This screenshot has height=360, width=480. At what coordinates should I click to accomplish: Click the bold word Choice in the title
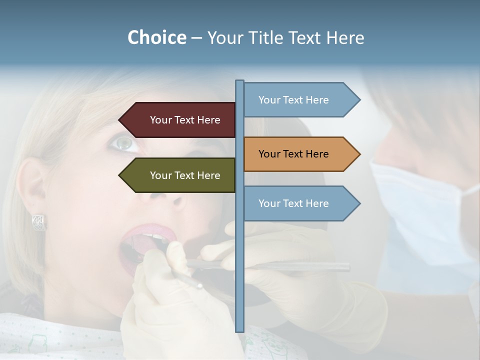pos(156,37)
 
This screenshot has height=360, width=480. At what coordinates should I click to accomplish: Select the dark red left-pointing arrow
pos(180,120)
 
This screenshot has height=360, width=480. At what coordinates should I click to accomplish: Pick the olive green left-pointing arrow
pos(180,175)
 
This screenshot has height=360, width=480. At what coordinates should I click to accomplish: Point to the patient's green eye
pos(123,144)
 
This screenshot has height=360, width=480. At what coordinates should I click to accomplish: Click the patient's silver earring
pos(38,222)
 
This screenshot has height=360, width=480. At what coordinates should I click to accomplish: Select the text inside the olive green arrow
pos(185,175)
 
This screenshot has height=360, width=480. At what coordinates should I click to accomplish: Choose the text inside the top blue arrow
pos(293,100)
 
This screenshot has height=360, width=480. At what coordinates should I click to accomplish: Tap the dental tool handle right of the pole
pos(300,266)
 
